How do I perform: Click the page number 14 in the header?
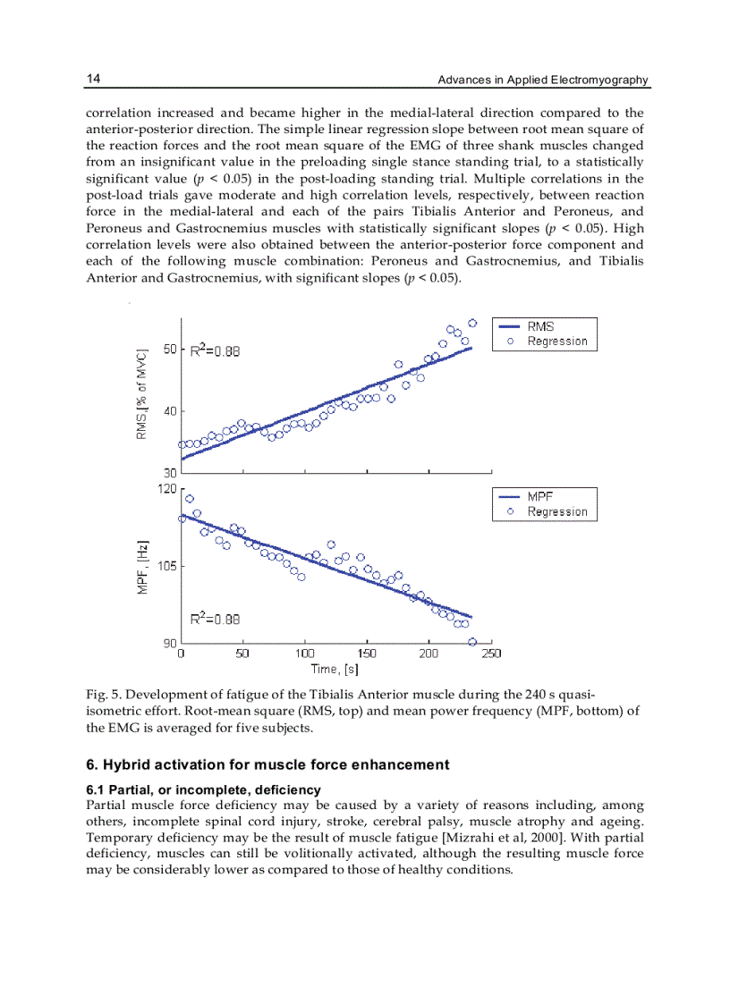point(93,80)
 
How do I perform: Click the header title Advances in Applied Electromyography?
point(542,80)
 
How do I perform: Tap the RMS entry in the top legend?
point(540,326)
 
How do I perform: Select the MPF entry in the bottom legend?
point(540,496)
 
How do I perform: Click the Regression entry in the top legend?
point(556,342)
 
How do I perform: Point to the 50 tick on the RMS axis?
point(170,350)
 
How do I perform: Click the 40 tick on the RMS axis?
point(170,411)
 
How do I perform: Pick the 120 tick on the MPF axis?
point(166,489)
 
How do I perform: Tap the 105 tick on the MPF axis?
point(166,566)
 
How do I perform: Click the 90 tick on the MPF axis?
point(170,643)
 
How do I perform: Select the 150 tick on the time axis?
point(366,654)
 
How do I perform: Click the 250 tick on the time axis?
point(490,654)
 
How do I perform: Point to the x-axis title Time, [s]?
point(335,669)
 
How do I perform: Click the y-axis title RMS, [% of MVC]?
point(141,394)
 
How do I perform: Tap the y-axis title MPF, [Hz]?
point(141,568)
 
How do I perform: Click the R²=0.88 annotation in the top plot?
point(215,351)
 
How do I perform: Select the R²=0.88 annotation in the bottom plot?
point(215,618)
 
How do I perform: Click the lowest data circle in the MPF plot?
point(471,642)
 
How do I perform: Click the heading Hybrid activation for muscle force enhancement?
point(267,764)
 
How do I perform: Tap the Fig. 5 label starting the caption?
point(100,695)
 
